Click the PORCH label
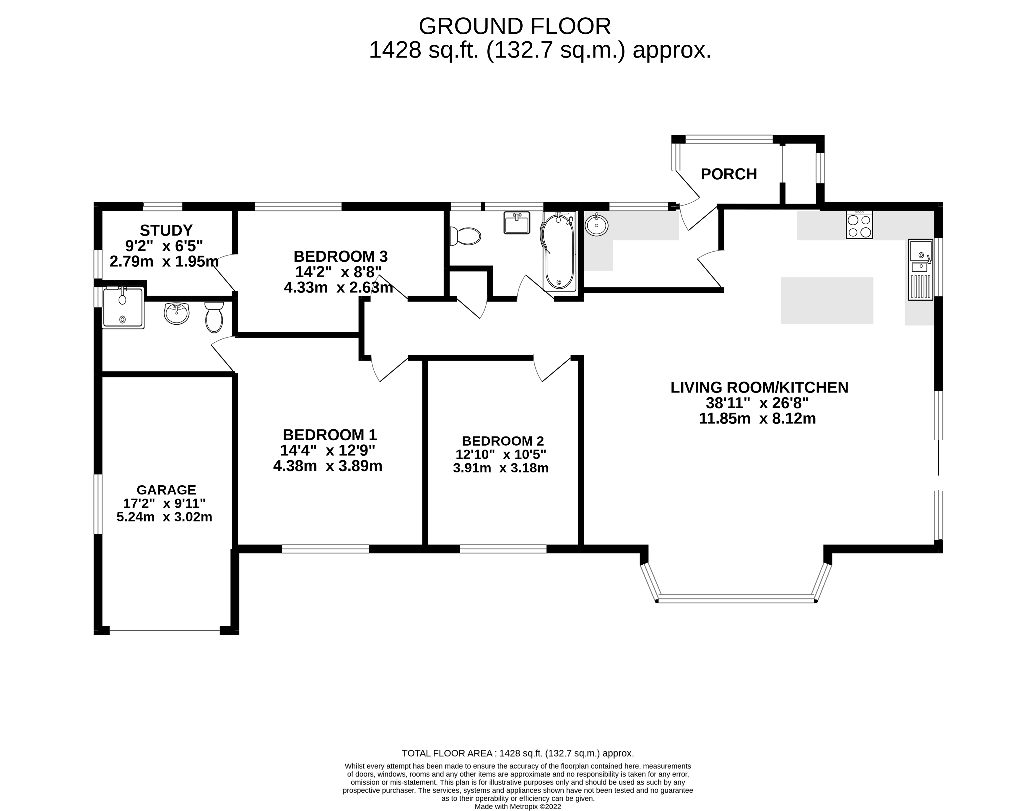729,174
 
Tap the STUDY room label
166,230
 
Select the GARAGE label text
166,490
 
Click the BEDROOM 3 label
341,256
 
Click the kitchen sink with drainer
920,270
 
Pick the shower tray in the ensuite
123,308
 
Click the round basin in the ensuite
177,313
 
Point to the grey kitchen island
827,301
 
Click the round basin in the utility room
597,225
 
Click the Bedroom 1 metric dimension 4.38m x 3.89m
328,466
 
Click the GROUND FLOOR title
515,27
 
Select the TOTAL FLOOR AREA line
518,766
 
